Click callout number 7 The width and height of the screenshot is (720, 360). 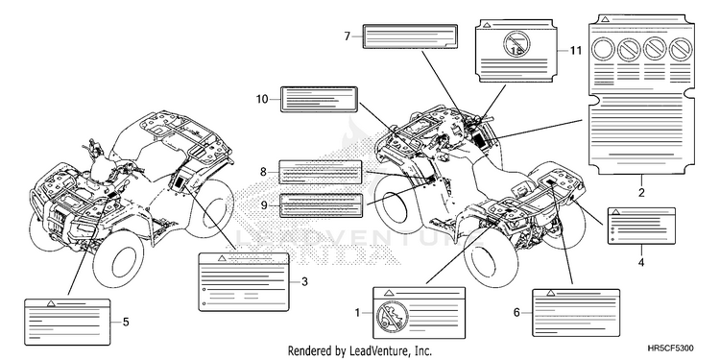(348, 36)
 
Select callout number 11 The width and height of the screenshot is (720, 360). (576, 51)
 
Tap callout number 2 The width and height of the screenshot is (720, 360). (641, 193)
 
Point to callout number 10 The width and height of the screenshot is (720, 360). (262, 99)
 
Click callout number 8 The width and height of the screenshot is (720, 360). (263, 172)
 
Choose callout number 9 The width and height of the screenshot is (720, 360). (264, 204)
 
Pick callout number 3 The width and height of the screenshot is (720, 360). (304, 282)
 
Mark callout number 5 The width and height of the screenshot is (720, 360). (126, 323)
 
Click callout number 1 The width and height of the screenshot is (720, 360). (358, 313)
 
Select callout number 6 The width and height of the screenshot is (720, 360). (516, 313)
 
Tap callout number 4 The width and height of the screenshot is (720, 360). (641, 263)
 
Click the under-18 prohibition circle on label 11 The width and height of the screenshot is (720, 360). (516, 44)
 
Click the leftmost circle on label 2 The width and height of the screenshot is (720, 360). (603, 49)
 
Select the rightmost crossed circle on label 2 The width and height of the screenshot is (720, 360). (681, 49)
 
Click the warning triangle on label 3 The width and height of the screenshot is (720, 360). (222, 258)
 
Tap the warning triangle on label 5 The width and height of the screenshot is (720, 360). (52, 303)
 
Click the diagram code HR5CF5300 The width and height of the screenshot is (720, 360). (671, 348)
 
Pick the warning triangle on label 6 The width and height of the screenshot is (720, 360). (551, 293)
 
